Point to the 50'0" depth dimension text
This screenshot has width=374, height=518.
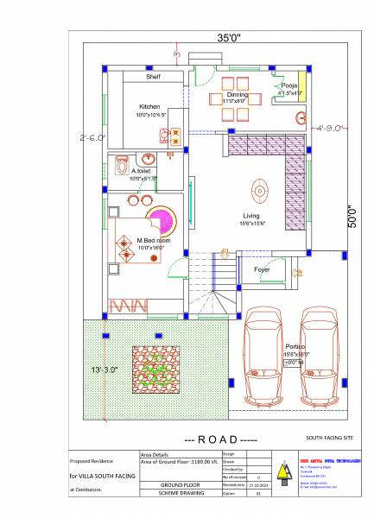click(x=352, y=217)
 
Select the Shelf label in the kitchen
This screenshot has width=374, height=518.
click(x=153, y=77)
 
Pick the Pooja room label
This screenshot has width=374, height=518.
click(x=289, y=86)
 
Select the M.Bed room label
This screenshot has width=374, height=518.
click(x=153, y=240)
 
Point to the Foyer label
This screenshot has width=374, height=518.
click(x=262, y=269)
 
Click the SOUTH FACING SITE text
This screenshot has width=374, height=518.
click(x=331, y=439)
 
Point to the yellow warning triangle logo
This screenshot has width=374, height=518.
click(x=281, y=471)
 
